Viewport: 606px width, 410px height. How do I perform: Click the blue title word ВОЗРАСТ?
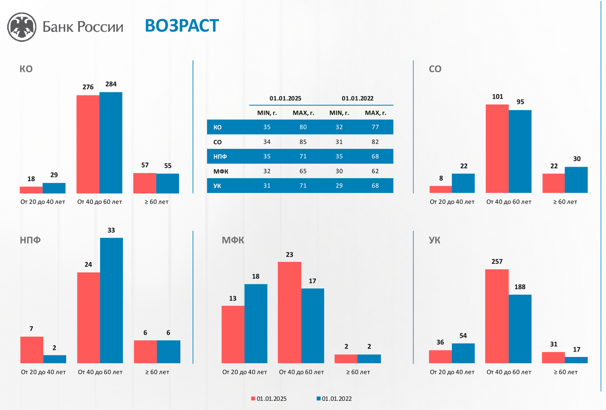point(182,25)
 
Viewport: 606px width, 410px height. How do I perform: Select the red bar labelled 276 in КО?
point(88,144)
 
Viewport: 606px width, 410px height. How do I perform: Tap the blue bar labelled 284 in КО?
point(111,142)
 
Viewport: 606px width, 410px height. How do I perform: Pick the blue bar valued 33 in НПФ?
point(111,300)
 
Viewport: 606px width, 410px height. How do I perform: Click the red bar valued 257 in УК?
point(497,316)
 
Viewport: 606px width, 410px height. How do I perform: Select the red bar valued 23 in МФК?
point(289,313)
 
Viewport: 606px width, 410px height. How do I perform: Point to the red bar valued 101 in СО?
point(497,148)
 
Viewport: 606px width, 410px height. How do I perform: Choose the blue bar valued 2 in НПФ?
point(55,359)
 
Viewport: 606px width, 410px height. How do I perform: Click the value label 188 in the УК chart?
point(520,287)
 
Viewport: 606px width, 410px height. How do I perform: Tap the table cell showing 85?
point(303,142)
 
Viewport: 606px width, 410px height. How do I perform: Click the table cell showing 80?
point(303,127)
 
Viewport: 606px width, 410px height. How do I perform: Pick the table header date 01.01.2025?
point(285,98)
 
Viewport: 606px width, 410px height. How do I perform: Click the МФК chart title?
point(233,240)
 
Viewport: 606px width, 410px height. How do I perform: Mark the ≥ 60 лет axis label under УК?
point(565,372)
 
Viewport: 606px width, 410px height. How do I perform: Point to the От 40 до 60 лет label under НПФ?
point(99,372)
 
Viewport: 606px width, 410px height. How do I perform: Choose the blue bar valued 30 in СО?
point(576,180)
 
